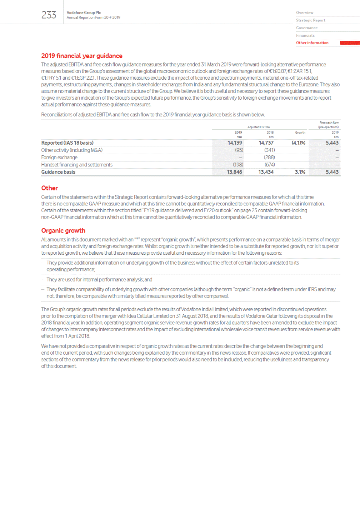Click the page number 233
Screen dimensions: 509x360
pyautogui.click(x=49, y=15)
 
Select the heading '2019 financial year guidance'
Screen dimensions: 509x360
pyautogui.click(x=81, y=56)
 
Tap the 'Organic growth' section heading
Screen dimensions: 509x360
pyautogui.click(x=63, y=231)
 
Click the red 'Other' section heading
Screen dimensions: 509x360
pyautogui.click(x=49, y=188)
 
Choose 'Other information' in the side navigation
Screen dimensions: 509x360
pyautogui.click(x=312, y=43)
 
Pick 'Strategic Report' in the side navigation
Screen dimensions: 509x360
pyautogui.click(x=310, y=20)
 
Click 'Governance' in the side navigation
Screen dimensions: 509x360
pyautogui.click(x=306, y=28)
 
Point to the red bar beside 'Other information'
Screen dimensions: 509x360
pyautogui.click(x=349, y=43)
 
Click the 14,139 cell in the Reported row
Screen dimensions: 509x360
pyautogui.click(x=235, y=143)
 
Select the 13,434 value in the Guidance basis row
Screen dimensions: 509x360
pyautogui.click(x=266, y=172)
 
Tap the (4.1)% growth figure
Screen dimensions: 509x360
pyautogui.click(x=298, y=143)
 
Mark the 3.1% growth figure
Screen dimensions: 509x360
pyautogui.click(x=300, y=172)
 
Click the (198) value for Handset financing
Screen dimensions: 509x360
pyautogui.click(x=238, y=165)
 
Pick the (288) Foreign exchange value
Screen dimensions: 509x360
pyautogui.click(x=269, y=158)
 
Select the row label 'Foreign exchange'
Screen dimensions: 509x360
pyautogui.click(x=59, y=158)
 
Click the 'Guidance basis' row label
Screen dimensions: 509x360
pyautogui.click(x=58, y=172)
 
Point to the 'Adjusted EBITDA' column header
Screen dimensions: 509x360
pyautogui.click(x=259, y=127)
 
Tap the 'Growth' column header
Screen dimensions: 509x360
pyautogui.click(x=300, y=133)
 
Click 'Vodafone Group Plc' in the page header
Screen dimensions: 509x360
pyautogui.click(x=84, y=13)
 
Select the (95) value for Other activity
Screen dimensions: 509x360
pyautogui.click(x=239, y=150)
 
